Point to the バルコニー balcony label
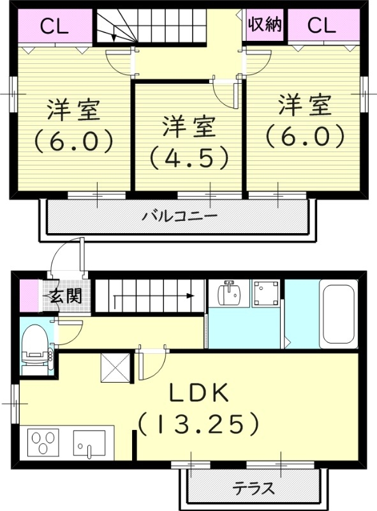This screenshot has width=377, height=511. (179, 216)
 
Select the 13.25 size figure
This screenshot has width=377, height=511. (199, 422)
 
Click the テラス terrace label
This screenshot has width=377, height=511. (253, 489)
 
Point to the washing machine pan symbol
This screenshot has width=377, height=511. (266, 295)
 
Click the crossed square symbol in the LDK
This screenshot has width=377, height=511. (115, 367)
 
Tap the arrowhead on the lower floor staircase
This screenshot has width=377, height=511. (190, 296)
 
